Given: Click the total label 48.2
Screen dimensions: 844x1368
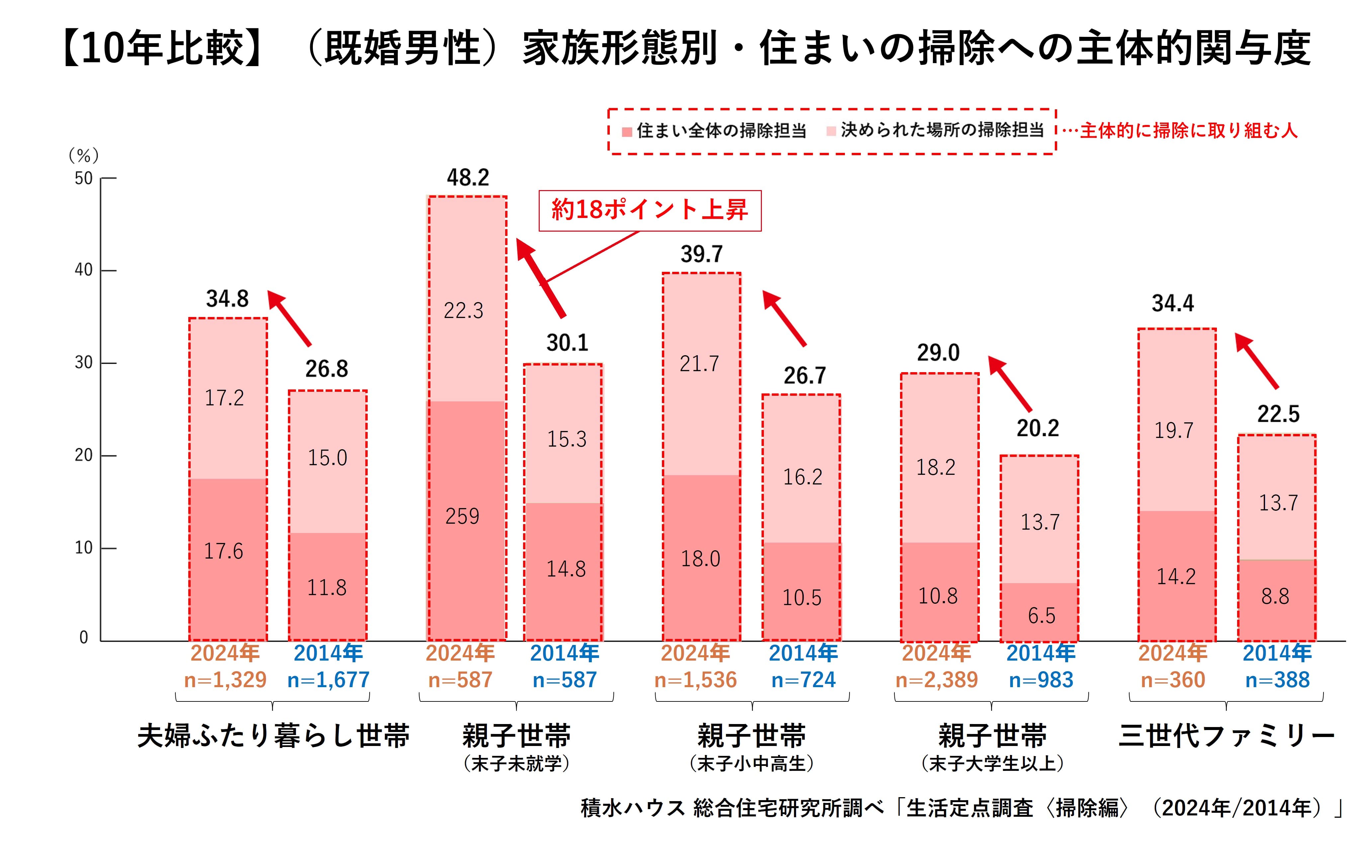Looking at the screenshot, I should [468, 177].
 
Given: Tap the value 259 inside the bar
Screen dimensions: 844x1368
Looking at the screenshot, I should [462, 516].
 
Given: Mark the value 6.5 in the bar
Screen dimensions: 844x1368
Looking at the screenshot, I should [1041, 616].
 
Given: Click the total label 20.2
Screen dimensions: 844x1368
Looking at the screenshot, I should [1038, 428].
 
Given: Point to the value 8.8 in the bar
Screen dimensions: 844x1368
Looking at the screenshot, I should [1275, 597].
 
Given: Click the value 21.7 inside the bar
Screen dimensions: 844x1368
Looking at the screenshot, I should [699, 364].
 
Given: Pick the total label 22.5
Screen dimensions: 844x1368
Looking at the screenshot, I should [1278, 414].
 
